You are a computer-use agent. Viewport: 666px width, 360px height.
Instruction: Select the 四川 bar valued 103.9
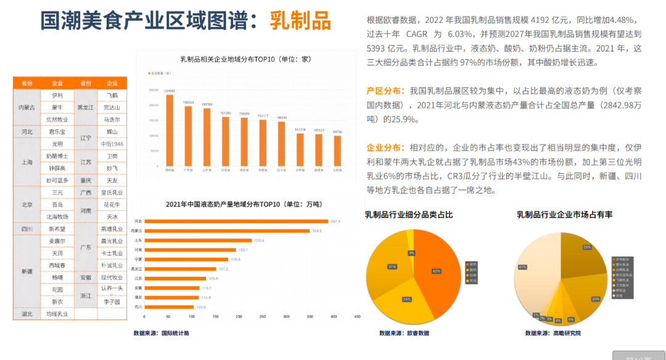coord(170,306)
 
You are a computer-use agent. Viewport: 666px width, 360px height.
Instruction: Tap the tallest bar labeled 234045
coord(170,130)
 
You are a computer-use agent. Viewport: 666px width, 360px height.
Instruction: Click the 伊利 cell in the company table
coord(57,96)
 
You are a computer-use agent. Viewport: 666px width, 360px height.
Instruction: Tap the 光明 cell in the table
coord(57,144)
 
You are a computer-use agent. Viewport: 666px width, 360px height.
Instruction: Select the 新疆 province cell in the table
coord(27,271)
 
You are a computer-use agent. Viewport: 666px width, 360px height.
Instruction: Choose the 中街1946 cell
coord(112,144)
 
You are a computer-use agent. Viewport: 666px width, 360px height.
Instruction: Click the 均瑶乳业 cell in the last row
coord(57,314)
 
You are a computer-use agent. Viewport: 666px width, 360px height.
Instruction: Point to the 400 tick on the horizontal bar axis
coord(334,317)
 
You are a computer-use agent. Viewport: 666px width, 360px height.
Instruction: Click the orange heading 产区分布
coord(386,91)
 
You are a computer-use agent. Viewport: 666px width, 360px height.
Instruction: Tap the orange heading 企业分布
coord(386,148)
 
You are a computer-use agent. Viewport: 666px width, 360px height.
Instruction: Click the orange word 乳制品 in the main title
coord(300,21)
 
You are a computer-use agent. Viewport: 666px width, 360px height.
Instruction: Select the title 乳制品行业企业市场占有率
coord(564,215)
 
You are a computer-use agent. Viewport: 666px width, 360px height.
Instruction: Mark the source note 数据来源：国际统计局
coord(161,333)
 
